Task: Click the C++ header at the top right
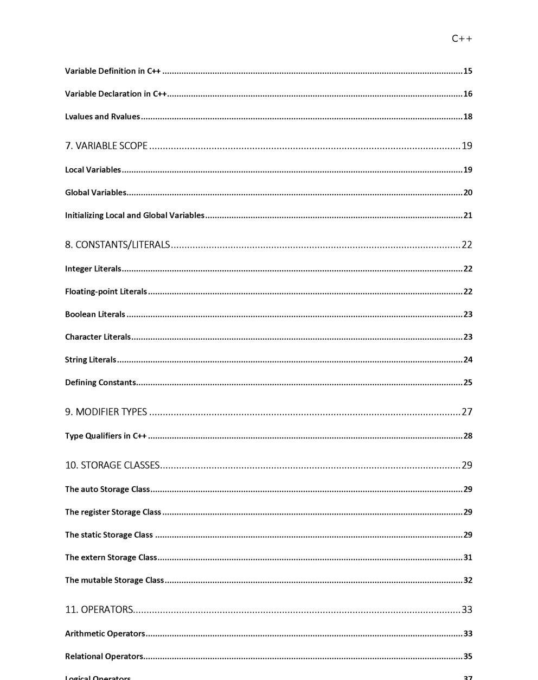click(x=462, y=39)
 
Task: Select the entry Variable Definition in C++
click(x=113, y=71)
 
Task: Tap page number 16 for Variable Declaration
click(x=467, y=94)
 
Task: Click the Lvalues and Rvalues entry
click(x=103, y=117)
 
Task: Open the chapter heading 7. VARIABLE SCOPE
click(x=106, y=145)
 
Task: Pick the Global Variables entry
click(x=95, y=193)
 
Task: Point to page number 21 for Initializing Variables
click(x=467, y=215)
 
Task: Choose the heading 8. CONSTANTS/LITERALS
click(x=118, y=245)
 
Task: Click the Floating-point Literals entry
click(x=106, y=291)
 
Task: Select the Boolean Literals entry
click(x=95, y=314)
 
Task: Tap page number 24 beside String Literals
click(x=467, y=360)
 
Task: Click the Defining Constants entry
click(x=100, y=383)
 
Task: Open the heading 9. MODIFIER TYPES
click(x=106, y=412)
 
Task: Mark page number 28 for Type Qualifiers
click(x=467, y=436)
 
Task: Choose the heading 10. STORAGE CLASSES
click(x=112, y=465)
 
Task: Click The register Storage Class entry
click(x=113, y=512)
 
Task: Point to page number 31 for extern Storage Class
click(x=467, y=557)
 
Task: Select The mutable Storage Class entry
click(x=114, y=580)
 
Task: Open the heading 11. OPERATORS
click(x=99, y=609)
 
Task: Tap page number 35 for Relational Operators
click(x=467, y=656)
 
